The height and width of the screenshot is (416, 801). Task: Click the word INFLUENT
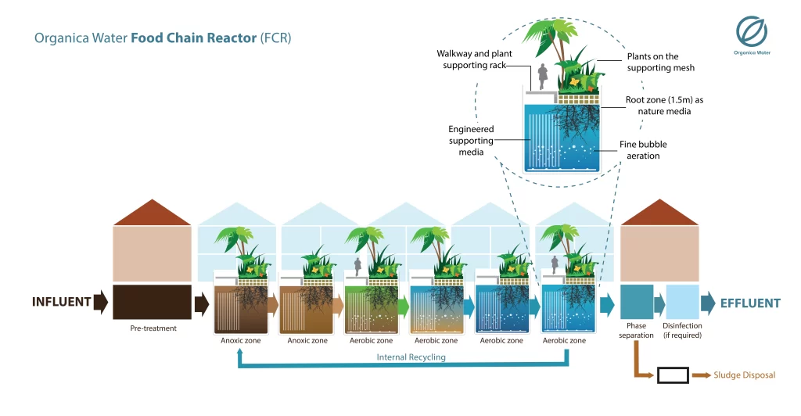pyautogui.click(x=61, y=302)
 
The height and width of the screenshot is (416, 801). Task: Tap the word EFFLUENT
pyautogui.click(x=749, y=303)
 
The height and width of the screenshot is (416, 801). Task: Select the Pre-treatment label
pyautogui.click(x=153, y=328)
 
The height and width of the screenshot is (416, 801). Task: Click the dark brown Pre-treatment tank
pyautogui.click(x=153, y=302)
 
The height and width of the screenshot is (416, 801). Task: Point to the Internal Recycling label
pyautogui.click(x=411, y=357)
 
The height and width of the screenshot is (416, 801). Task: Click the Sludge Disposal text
pyautogui.click(x=744, y=375)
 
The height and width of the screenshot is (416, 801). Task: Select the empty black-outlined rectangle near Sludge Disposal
pyautogui.click(x=673, y=375)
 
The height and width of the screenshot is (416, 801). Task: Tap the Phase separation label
pyautogui.click(x=635, y=330)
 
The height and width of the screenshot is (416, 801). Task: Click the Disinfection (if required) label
pyautogui.click(x=682, y=330)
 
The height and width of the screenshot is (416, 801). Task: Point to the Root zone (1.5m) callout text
pyautogui.click(x=652, y=106)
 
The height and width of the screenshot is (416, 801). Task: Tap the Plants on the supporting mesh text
pyautogui.click(x=652, y=62)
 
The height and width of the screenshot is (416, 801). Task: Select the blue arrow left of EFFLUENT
pyautogui.click(x=707, y=303)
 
